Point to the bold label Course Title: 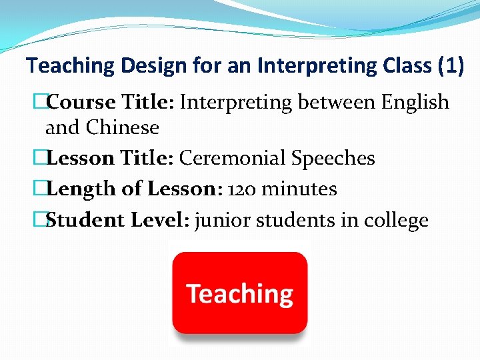[x=111, y=102]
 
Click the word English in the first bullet [x=415, y=102]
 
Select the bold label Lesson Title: [x=111, y=158]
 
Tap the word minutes [x=299, y=189]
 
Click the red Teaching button [x=240, y=293]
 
